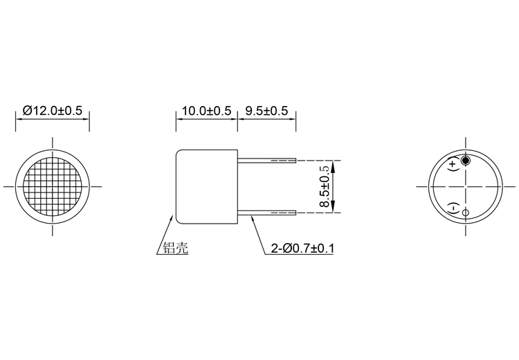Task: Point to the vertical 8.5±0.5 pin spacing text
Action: pos(323,187)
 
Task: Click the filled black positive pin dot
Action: pos(465,161)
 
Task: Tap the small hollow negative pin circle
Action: pos(465,212)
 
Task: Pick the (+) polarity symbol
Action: pos(453,164)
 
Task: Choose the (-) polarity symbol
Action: pos(453,208)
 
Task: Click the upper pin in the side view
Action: pos(267,161)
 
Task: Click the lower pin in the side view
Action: pos(267,213)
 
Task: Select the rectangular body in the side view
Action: pos(206,186)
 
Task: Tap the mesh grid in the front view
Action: pos(53,186)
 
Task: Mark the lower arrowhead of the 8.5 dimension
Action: pos(334,208)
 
